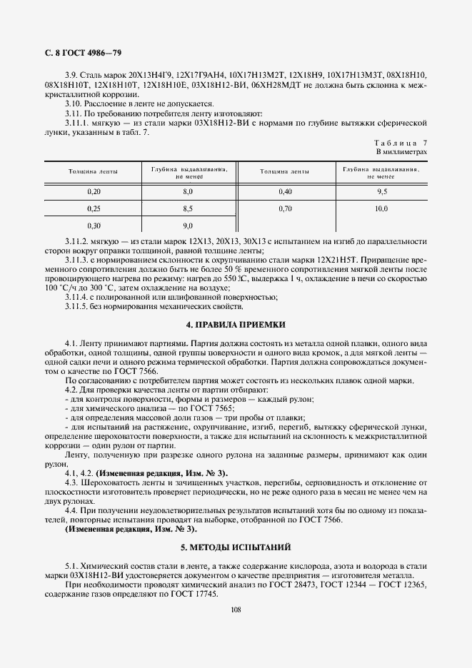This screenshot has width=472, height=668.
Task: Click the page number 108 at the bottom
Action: (x=236, y=609)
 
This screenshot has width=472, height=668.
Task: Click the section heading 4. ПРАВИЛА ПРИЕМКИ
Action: (x=236, y=324)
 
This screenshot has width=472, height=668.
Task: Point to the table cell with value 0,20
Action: (x=94, y=192)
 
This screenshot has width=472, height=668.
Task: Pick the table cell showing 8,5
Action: (x=189, y=209)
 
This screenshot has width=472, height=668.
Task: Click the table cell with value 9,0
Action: (x=189, y=226)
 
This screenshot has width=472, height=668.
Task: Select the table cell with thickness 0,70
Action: (x=285, y=209)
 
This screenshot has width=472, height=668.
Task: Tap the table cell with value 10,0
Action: (x=381, y=209)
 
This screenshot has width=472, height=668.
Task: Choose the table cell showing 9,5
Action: (x=381, y=192)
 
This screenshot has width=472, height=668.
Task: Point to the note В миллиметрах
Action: (x=401, y=153)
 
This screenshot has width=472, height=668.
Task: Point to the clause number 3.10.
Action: (x=72, y=104)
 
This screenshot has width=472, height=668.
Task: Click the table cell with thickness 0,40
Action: (x=285, y=192)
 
